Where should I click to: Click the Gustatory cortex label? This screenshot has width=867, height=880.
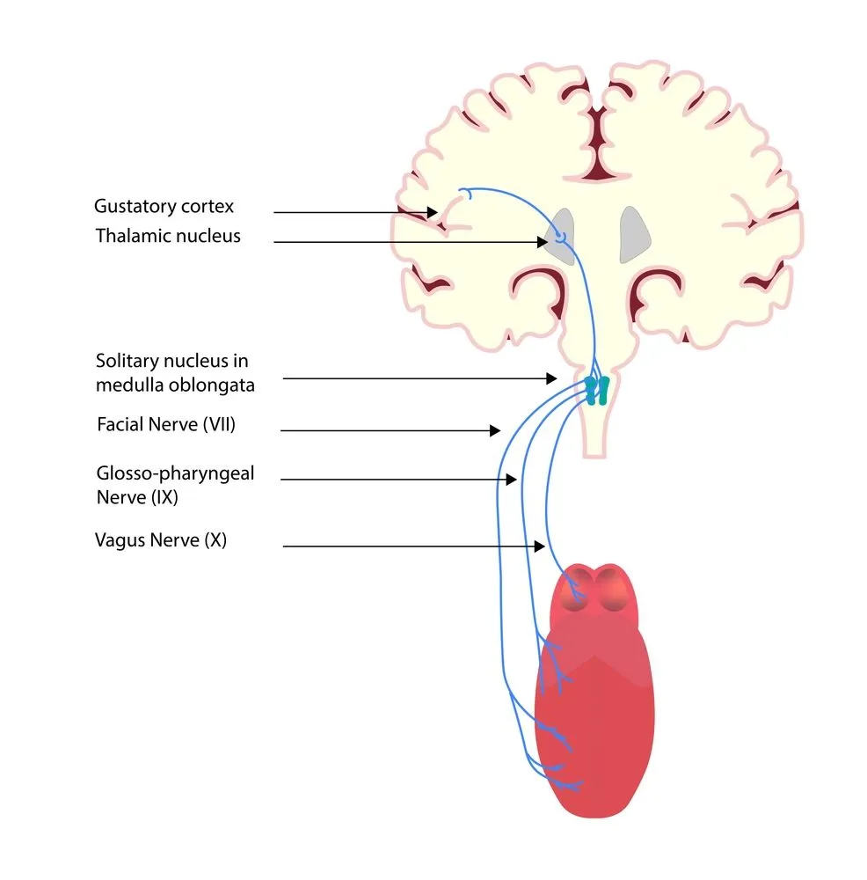(x=164, y=208)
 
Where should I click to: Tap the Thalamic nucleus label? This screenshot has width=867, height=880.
(x=168, y=236)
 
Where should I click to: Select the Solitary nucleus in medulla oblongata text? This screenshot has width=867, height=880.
(x=176, y=373)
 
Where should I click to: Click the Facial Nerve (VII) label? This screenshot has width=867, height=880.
(x=166, y=425)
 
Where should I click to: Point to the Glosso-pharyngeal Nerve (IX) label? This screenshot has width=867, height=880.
(x=175, y=485)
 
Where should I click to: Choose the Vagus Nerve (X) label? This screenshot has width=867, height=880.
(x=161, y=540)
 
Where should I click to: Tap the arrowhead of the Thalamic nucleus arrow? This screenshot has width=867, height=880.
(x=543, y=241)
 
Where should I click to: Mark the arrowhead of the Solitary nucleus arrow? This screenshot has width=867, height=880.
(x=551, y=378)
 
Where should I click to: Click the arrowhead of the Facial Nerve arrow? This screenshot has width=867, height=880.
(x=495, y=430)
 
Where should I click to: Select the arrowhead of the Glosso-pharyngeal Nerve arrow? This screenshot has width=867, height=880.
(x=511, y=480)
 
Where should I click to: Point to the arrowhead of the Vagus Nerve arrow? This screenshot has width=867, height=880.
(x=540, y=546)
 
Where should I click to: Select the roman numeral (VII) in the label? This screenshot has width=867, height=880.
(x=219, y=425)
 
